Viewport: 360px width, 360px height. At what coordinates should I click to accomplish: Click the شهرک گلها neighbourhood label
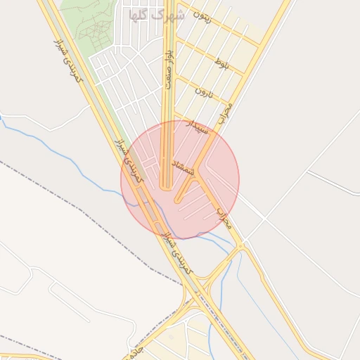(153, 13)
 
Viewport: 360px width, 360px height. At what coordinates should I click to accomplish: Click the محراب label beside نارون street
(225, 112)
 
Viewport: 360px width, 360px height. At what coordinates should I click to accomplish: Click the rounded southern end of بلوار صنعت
(166, 187)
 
